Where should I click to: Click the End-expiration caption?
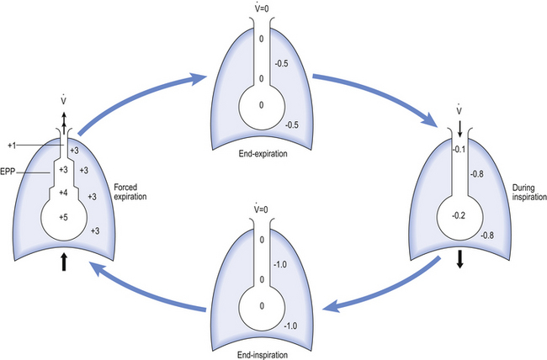tap(263, 153)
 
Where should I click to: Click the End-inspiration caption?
tap(263, 355)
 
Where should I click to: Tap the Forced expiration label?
tap(130, 192)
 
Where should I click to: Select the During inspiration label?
tap(529, 193)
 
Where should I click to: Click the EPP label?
tap(8, 172)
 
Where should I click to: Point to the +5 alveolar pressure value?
tap(63, 217)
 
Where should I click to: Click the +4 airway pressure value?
tap(63, 193)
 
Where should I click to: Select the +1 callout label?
tap(13, 146)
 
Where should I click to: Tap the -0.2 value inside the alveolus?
tap(459, 215)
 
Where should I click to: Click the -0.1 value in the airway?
tap(459, 150)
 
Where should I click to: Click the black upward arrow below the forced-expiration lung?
tap(63, 262)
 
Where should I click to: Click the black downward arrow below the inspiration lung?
tap(459, 259)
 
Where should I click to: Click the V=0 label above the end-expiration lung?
tap(261, 7)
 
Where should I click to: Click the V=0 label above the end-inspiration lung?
tap(261, 209)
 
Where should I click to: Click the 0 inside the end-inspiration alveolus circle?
tap(262, 306)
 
